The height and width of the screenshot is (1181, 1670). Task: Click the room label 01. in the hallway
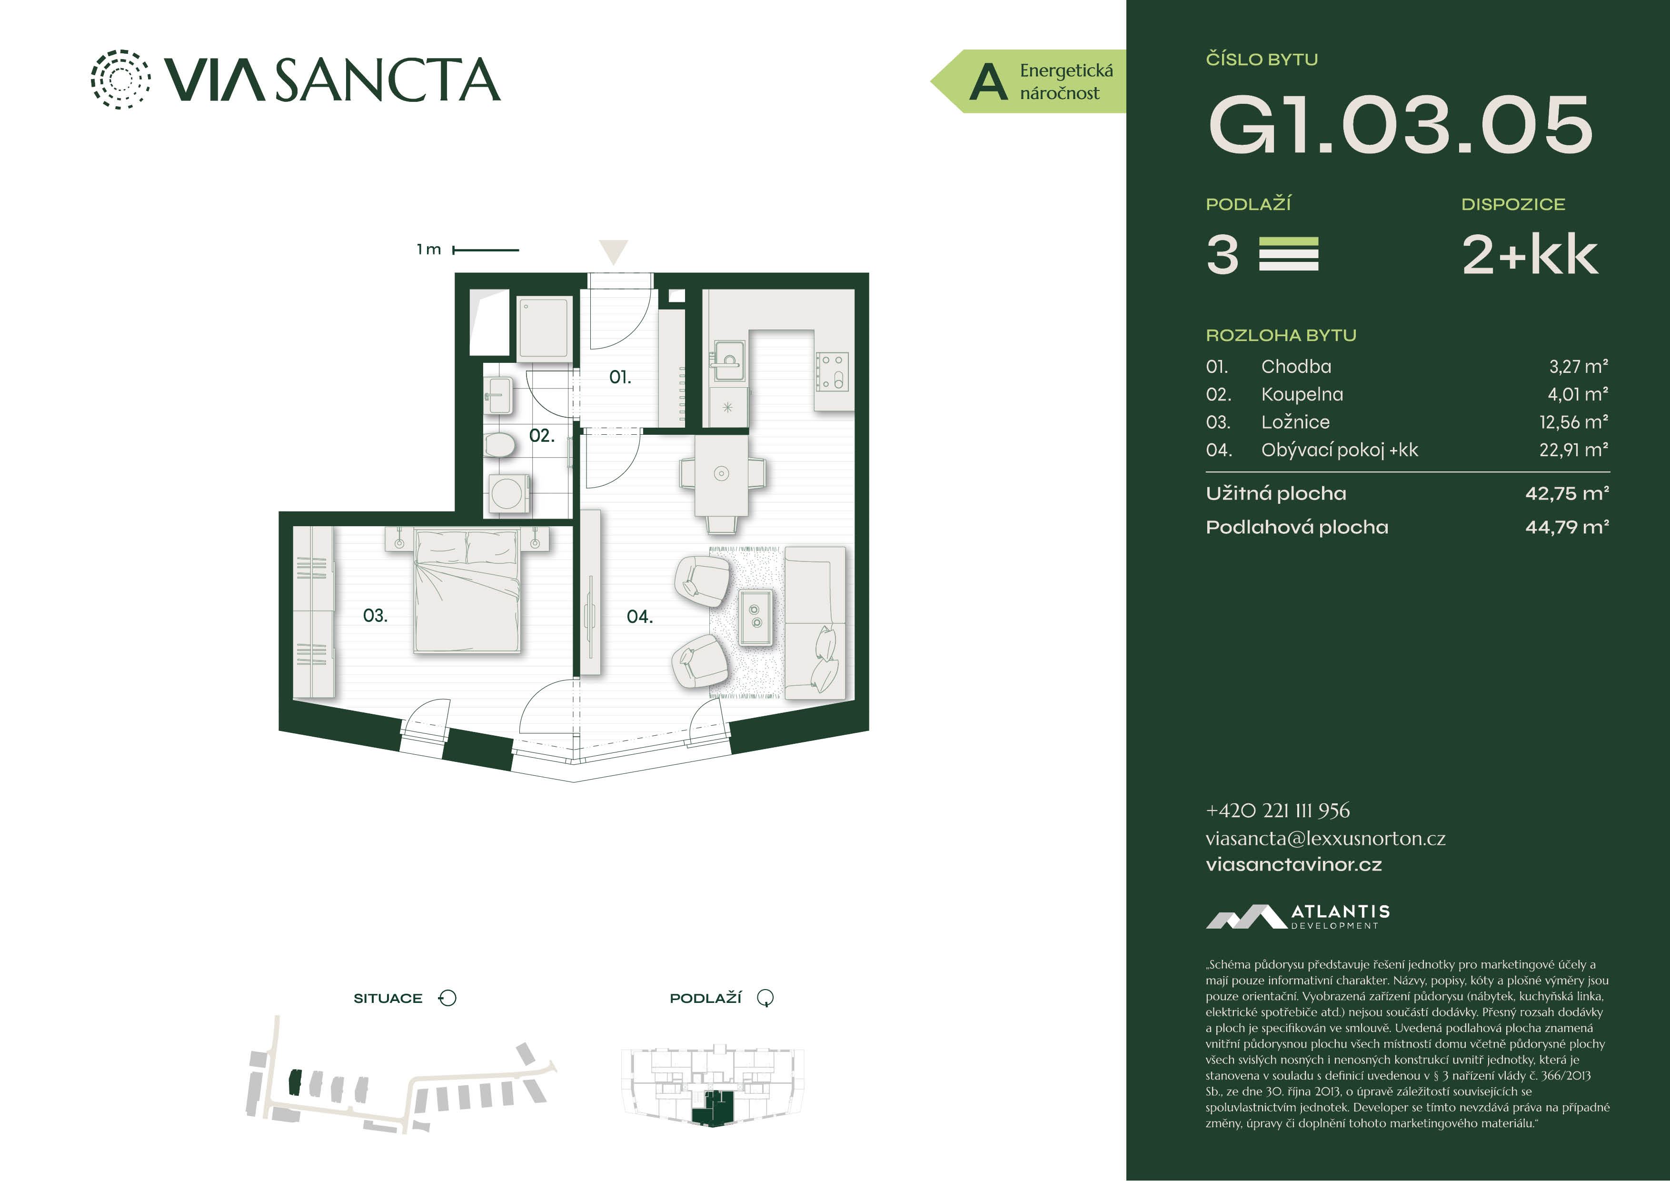pos(620,377)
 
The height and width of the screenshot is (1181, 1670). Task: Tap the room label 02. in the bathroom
pos(541,435)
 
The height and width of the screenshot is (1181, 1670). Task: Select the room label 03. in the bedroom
pos(375,616)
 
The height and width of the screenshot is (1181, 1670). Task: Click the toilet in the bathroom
pos(500,444)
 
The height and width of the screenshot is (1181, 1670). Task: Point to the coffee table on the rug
pos(755,616)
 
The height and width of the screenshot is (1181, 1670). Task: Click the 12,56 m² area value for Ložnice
pos(1574,422)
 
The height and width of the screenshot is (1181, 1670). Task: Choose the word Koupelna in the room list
pos(1302,394)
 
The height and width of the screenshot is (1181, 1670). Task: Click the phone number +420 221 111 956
pos(1277,810)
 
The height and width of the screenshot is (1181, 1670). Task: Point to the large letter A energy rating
pos(988,82)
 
